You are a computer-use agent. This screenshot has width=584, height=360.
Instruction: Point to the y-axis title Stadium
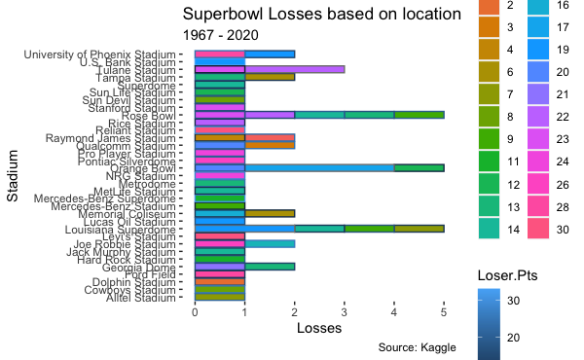pos(14,176)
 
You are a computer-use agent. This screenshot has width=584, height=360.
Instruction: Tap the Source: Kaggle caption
pos(418,347)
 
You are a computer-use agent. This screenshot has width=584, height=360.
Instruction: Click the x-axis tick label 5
pos(444,313)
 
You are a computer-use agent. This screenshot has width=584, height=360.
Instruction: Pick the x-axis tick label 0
pos(196,313)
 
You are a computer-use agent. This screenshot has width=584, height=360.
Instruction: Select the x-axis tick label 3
pos(345,313)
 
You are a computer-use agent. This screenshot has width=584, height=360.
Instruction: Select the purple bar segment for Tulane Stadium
pos(294,70)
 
